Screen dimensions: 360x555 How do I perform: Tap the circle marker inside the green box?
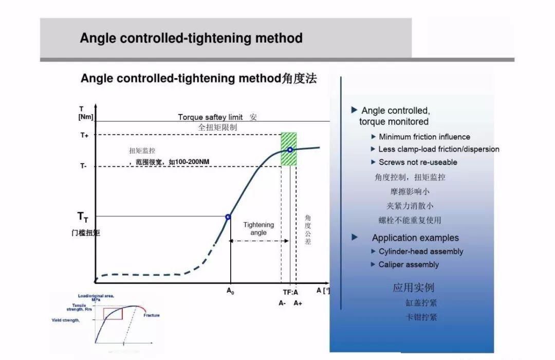point(290,150)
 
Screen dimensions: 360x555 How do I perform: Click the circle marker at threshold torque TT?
point(228,217)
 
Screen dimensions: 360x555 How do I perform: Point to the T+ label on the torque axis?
point(84,135)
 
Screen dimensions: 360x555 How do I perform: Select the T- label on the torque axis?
point(83,166)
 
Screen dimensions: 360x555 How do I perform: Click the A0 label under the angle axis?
point(230,291)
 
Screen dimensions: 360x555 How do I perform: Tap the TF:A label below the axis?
point(290,292)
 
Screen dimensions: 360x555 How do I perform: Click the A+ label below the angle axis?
point(298,303)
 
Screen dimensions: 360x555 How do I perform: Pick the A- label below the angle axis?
point(282,303)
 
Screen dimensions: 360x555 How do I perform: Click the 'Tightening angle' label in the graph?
point(258,228)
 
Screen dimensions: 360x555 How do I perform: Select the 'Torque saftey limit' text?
point(210,117)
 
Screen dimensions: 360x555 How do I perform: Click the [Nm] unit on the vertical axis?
point(86,117)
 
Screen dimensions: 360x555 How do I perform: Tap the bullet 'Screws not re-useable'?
point(418,162)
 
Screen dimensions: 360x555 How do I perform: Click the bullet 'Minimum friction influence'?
point(424,137)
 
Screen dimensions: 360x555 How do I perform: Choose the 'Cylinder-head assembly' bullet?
point(420,251)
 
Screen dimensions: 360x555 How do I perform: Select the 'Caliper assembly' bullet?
point(409,264)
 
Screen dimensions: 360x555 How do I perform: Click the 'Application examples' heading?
point(415,238)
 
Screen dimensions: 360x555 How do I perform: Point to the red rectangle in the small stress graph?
point(113,313)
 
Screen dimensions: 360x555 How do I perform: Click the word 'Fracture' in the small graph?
point(152,315)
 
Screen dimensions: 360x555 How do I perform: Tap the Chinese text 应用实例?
point(413,287)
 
